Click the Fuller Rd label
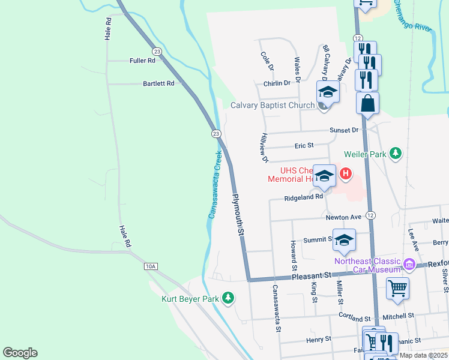(142, 61)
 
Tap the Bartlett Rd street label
(158, 83)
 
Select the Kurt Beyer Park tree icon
(228, 298)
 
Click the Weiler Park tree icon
(396, 154)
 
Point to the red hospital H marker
(345, 175)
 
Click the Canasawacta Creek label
(215, 184)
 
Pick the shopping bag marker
(367, 103)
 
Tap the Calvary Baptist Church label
(273, 106)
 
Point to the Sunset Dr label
(343, 130)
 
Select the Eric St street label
(304, 145)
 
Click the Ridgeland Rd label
(304, 196)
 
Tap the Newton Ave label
(344, 217)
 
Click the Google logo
(20, 353)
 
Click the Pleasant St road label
(312, 275)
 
